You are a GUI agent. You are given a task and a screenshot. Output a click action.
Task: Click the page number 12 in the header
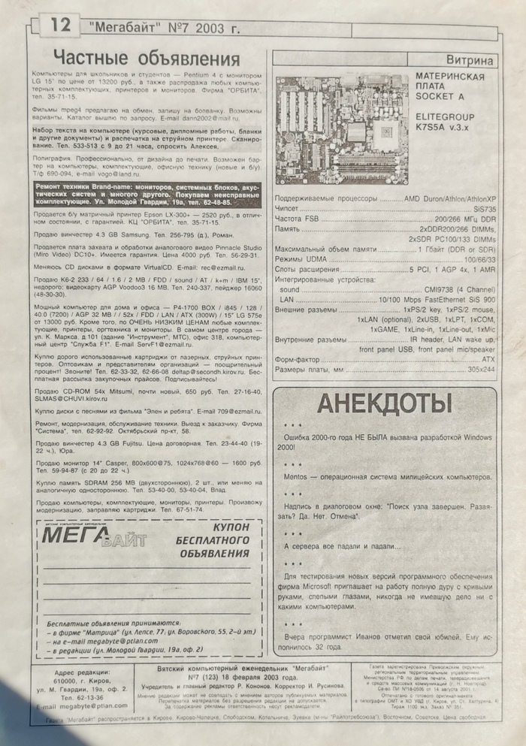coord(59,26)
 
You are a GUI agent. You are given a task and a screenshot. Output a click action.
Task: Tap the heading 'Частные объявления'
coord(147,59)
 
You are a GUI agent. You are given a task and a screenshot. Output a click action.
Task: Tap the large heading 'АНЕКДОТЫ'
coord(384,403)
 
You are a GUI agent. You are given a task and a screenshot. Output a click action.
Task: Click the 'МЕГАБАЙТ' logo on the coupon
coord(94,536)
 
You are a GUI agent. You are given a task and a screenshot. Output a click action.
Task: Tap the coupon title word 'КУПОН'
coord(216,528)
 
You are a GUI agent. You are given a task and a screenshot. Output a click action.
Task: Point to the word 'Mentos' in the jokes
coord(298,477)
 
